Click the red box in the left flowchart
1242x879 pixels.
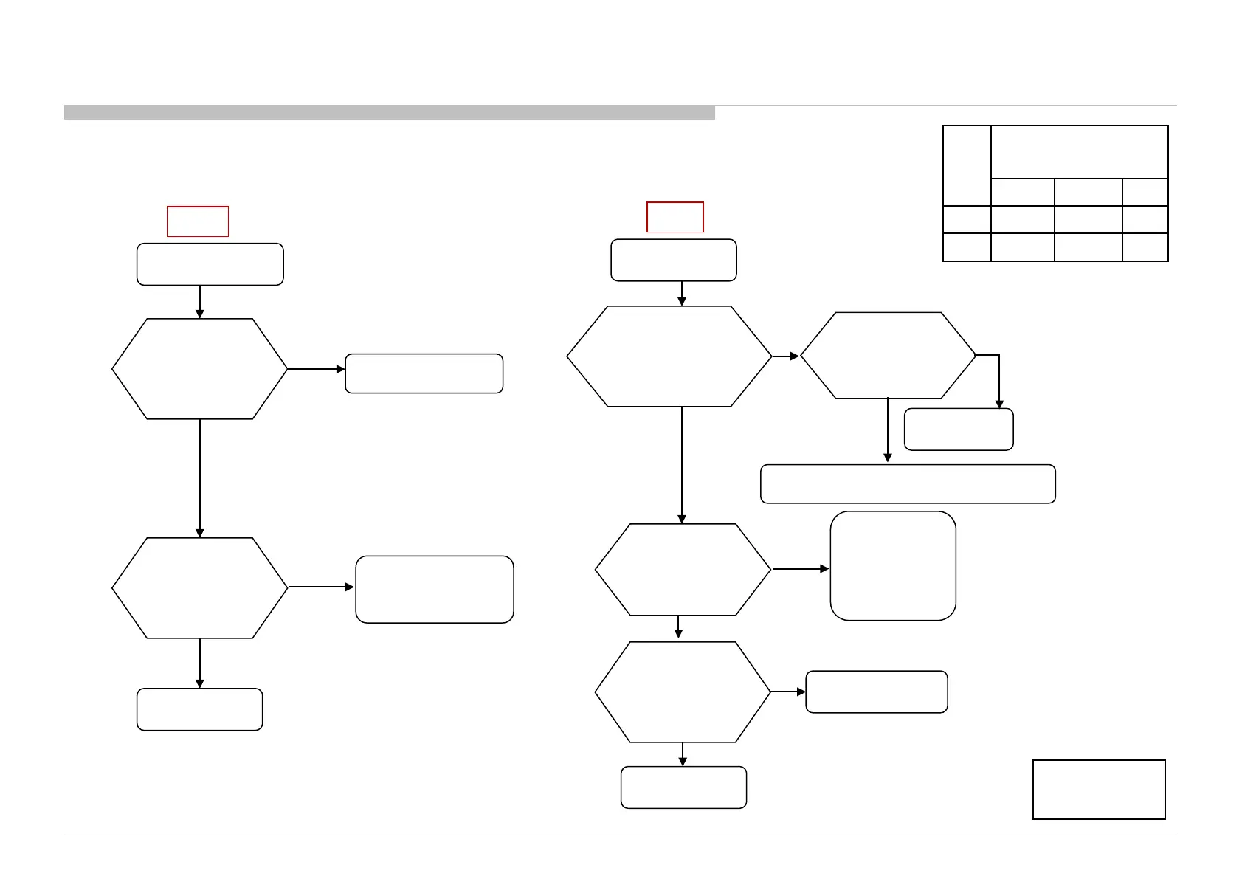198,221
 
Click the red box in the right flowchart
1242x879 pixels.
675,217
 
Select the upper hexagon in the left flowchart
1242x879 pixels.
199,369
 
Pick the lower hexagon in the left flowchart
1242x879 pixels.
199,587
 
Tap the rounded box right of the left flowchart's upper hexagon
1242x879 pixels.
424,373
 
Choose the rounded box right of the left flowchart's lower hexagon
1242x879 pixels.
435,589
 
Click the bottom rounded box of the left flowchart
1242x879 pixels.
200,709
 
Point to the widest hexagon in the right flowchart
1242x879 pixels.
669,356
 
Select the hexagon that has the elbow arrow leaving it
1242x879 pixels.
888,356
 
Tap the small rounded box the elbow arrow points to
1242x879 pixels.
959,430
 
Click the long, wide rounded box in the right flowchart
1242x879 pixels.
908,484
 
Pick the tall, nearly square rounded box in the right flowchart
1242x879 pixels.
893,565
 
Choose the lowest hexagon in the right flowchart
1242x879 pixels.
683,692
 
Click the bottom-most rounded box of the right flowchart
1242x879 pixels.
684,787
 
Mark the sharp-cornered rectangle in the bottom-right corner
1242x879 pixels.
1099,790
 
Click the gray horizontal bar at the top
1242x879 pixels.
390,113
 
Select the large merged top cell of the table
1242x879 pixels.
1079,152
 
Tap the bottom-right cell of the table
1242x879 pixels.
1145,247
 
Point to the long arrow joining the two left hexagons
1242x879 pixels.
200,478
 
